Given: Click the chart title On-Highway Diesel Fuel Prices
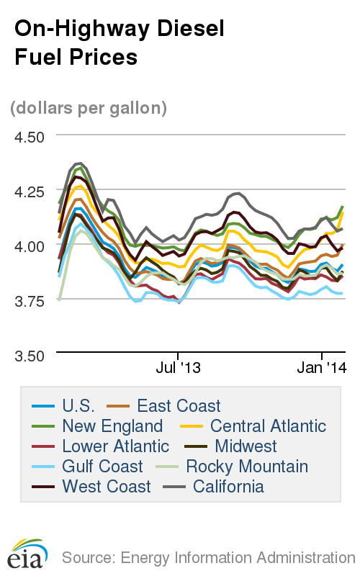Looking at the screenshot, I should click(x=120, y=42).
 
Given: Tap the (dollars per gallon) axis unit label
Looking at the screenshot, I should click(x=89, y=108).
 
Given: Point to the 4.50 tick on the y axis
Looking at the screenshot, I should click(x=30, y=137).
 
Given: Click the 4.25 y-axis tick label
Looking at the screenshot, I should click(x=30, y=192).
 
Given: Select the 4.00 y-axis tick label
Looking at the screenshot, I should click(x=30, y=246).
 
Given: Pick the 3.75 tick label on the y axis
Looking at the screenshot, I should click(x=30, y=301).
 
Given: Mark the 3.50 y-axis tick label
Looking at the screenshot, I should click(x=30, y=356).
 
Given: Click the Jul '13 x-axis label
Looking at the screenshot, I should click(x=178, y=368).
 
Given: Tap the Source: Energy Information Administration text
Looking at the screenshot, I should click(x=208, y=557).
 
